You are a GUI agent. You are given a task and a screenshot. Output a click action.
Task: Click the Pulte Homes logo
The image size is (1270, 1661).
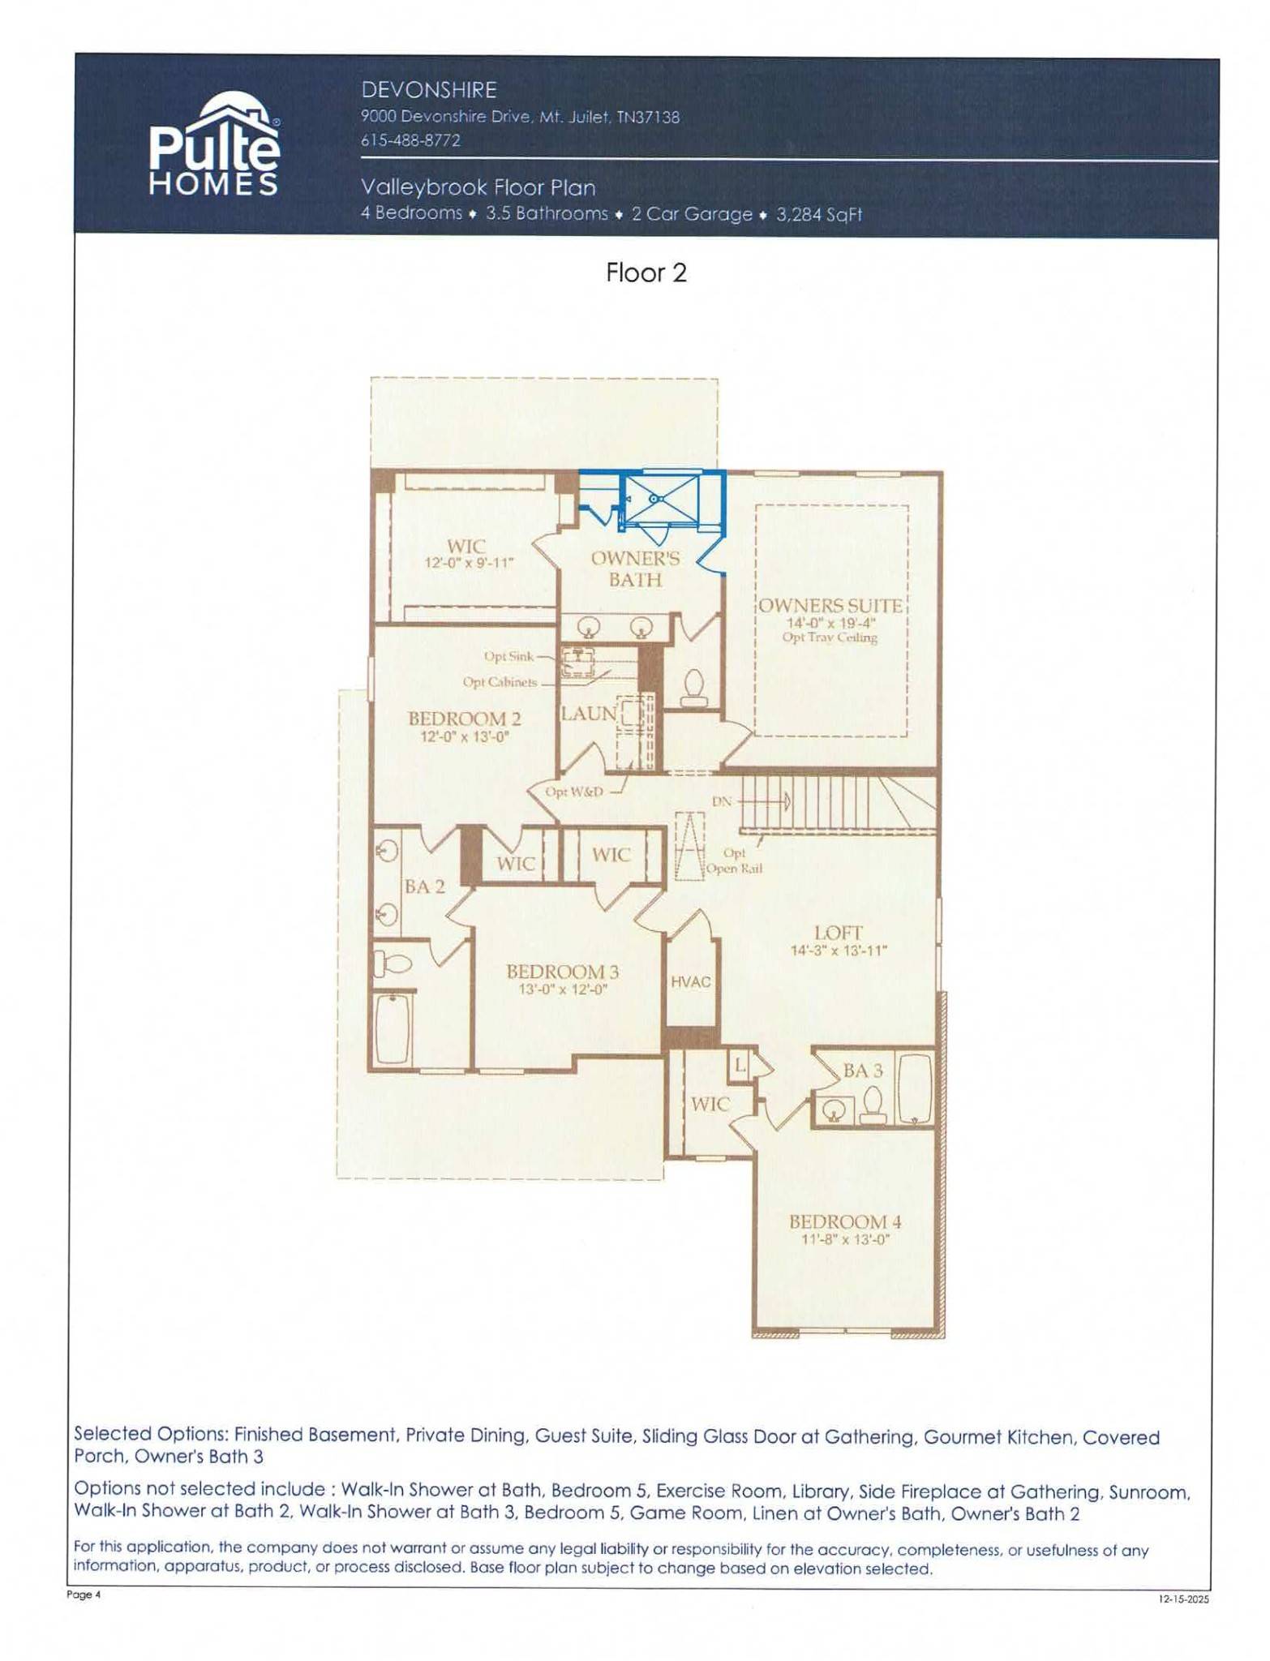pyautogui.click(x=214, y=144)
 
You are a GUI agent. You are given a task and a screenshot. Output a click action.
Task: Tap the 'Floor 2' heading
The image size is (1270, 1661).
pyautogui.click(x=646, y=273)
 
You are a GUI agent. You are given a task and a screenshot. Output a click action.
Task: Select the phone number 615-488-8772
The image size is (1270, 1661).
pyautogui.click(x=410, y=140)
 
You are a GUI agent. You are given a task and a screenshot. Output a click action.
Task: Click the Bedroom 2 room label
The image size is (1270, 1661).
pyautogui.click(x=465, y=718)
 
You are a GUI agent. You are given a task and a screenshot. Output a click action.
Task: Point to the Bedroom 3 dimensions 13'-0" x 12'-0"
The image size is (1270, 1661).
pyautogui.click(x=563, y=989)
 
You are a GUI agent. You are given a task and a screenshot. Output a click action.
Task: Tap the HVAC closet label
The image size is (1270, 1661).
pyautogui.click(x=691, y=982)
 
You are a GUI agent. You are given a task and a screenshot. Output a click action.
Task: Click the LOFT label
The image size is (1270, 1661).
pyautogui.click(x=839, y=933)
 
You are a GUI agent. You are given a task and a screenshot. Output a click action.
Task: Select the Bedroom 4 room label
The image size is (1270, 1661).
pyautogui.click(x=845, y=1221)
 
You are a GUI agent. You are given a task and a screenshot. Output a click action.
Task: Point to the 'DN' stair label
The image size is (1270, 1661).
pyautogui.click(x=722, y=801)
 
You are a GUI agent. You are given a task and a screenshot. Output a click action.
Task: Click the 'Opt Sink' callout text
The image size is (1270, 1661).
pyautogui.click(x=508, y=656)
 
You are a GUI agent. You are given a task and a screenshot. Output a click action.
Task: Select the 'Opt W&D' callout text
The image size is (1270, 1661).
pyautogui.click(x=574, y=792)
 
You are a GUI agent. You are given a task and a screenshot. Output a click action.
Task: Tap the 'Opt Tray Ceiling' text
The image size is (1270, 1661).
pyautogui.click(x=830, y=637)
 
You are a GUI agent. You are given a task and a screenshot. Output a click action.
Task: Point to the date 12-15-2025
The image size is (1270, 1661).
pyautogui.click(x=1184, y=1600)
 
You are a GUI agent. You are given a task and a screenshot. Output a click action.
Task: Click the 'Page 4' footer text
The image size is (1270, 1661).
pyautogui.click(x=84, y=1594)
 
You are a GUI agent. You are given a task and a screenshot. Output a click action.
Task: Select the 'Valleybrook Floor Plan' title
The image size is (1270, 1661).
pyautogui.click(x=478, y=187)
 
